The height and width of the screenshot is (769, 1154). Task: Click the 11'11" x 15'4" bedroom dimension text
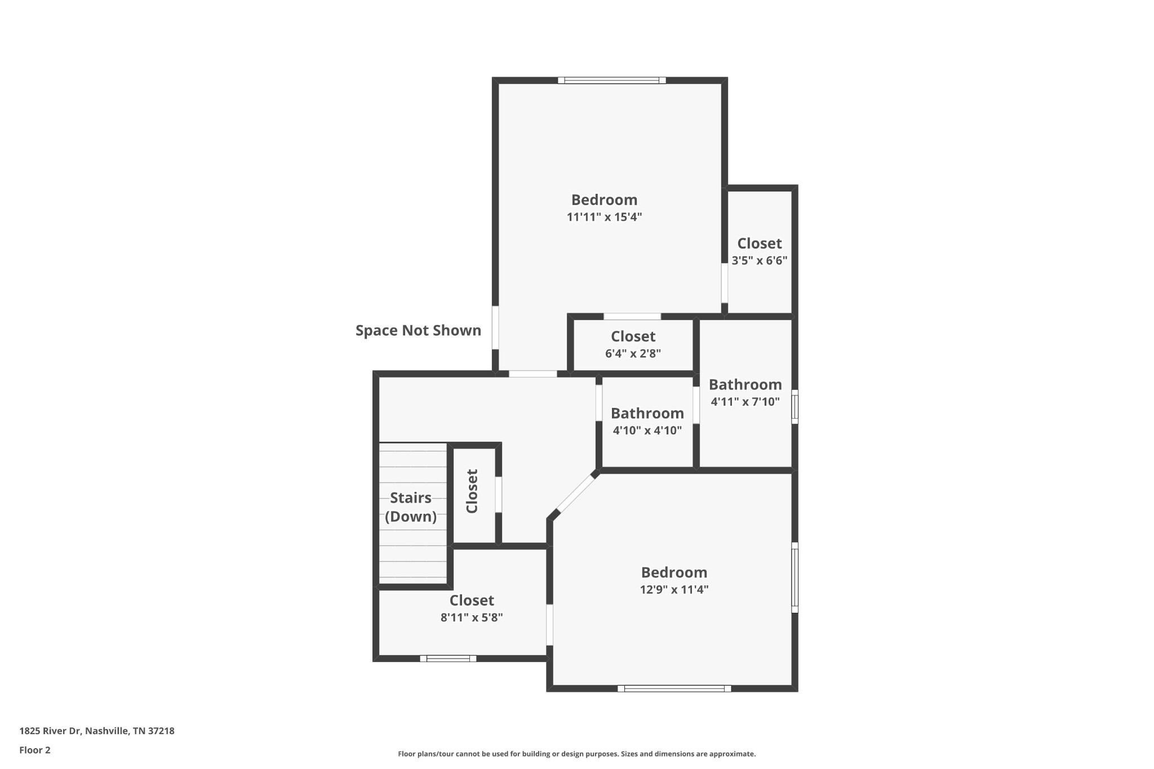click(x=604, y=217)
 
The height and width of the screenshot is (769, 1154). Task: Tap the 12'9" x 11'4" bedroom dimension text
click(x=674, y=589)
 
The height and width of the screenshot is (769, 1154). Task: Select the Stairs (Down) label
click(x=411, y=507)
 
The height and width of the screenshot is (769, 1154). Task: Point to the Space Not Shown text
click(x=418, y=330)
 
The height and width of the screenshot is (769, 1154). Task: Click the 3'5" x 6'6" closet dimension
click(x=759, y=260)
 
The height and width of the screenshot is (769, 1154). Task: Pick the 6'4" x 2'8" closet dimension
click(x=633, y=353)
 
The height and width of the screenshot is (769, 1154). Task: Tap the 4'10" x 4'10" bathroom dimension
click(x=647, y=430)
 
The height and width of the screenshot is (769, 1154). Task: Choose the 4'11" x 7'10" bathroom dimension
click(x=745, y=402)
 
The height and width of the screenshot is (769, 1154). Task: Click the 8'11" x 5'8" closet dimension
click(x=472, y=617)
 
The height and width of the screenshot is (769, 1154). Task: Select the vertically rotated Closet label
click(x=472, y=491)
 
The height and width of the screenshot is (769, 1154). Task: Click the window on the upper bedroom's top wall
click(x=612, y=80)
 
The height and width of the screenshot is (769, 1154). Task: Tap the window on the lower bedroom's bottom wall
click(x=674, y=688)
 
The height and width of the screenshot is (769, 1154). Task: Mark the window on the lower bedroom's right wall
click(x=795, y=577)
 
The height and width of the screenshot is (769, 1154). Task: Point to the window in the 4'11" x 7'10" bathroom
click(x=795, y=406)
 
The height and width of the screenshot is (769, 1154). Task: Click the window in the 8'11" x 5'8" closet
click(x=448, y=658)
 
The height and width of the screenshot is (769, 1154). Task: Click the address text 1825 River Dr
click(x=51, y=731)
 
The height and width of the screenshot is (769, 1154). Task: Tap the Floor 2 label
click(x=35, y=750)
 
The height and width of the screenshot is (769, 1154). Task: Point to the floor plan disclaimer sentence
click(x=576, y=754)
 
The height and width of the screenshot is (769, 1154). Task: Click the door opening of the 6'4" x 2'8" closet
click(x=632, y=316)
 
